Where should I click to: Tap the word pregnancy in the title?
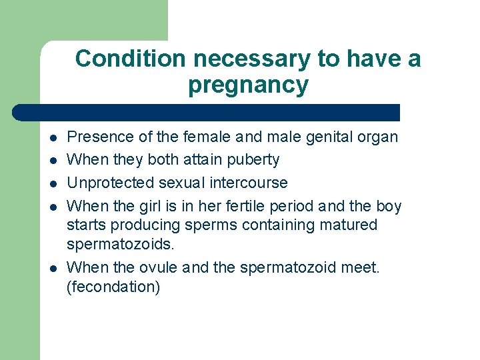(248, 85)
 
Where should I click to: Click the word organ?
(377, 138)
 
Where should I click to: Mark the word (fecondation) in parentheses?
(113, 287)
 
